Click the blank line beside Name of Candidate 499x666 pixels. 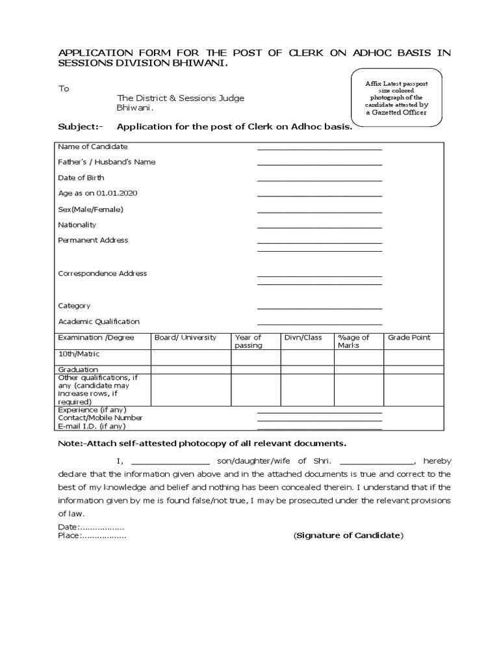coord(319,149)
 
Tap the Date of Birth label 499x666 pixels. coord(81,178)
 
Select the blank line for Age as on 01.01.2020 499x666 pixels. coord(319,196)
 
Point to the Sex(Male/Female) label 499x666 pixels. coord(90,209)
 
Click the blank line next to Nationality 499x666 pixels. coord(319,227)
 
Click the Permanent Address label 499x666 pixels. coord(93,240)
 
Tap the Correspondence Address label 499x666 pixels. coord(103,273)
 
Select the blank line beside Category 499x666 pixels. coord(319,308)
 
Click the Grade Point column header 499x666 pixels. coord(409,338)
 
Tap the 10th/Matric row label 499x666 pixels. coord(79,354)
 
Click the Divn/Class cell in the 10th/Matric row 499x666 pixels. coord(307,357)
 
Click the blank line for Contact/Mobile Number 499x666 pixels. coord(319,420)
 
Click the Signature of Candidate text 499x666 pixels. coord(348,535)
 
